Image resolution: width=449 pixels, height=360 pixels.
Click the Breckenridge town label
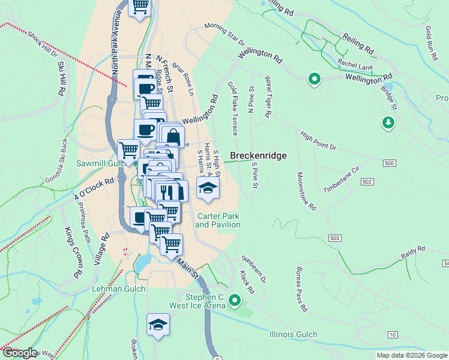258,155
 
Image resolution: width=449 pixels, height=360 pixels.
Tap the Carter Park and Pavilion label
218,220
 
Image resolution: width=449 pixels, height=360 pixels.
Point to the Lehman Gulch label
110,289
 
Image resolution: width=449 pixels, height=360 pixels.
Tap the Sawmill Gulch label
98,163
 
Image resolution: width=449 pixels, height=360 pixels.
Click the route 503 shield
335,238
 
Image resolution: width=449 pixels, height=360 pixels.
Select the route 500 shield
389,163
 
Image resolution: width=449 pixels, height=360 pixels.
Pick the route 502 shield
368,181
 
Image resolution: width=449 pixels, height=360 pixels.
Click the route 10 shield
393,334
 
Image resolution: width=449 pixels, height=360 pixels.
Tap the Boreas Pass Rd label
300,290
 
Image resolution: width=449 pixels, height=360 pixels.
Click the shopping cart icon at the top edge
140,7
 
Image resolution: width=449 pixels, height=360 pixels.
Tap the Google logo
19,353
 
